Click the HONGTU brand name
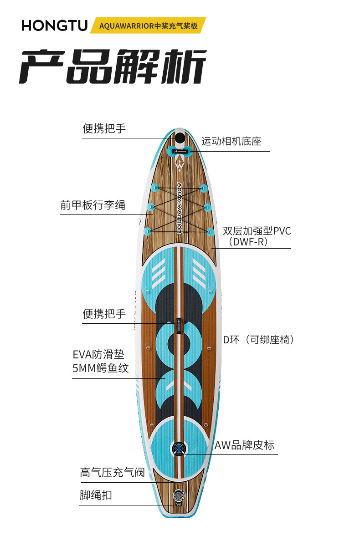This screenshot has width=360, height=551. [54, 26]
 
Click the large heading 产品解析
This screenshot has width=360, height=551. [113, 66]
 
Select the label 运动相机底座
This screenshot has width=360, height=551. [231, 141]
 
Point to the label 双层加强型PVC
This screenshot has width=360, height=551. [257, 231]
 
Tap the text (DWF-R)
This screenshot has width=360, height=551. [248, 242]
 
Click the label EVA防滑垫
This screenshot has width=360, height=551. [98, 355]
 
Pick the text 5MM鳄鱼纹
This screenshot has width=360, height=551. [101, 368]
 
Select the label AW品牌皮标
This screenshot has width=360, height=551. [244, 445]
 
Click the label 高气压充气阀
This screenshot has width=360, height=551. [112, 473]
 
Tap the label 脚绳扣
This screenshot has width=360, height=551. [96, 495]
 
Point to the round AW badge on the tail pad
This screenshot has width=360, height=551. [178, 448]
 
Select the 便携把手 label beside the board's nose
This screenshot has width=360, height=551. [104, 129]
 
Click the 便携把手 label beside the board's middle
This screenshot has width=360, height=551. [104, 314]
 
